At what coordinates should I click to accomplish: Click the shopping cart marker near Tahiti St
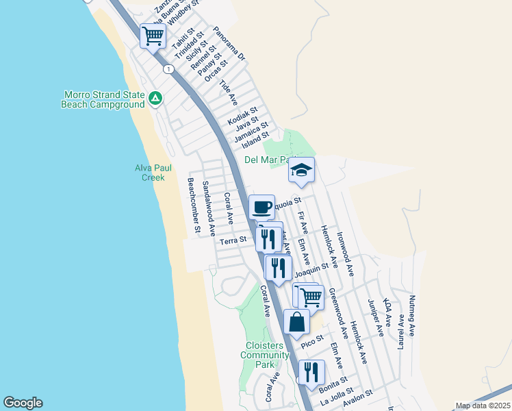pyautogui.click(x=153, y=36)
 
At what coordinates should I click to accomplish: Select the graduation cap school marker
pyautogui.click(x=301, y=170)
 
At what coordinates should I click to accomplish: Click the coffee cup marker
pyautogui.click(x=261, y=207)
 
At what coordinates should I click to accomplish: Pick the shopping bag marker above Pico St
pyautogui.click(x=296, y=322)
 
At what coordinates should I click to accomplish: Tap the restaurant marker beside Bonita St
pyautogui.click(x=311, y=372)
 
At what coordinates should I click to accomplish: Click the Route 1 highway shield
pyautogui.click(x=167, y=68)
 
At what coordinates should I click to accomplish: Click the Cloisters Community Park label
pyautogui.click(x=264, y=355)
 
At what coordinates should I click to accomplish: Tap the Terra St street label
pyautogui.click(x=232, y=240)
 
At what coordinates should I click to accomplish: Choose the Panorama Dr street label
pyautogui.click(x=229, y=45)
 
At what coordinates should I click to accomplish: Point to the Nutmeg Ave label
pyautogui.click(x=412, y=316)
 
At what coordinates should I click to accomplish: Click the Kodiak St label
pyautogui.click(x=242, y=115)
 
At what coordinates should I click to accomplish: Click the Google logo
pyautogui.click(x=23, y=403)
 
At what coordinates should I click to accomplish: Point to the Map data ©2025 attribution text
pyautogui.click(x=483, y=406)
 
